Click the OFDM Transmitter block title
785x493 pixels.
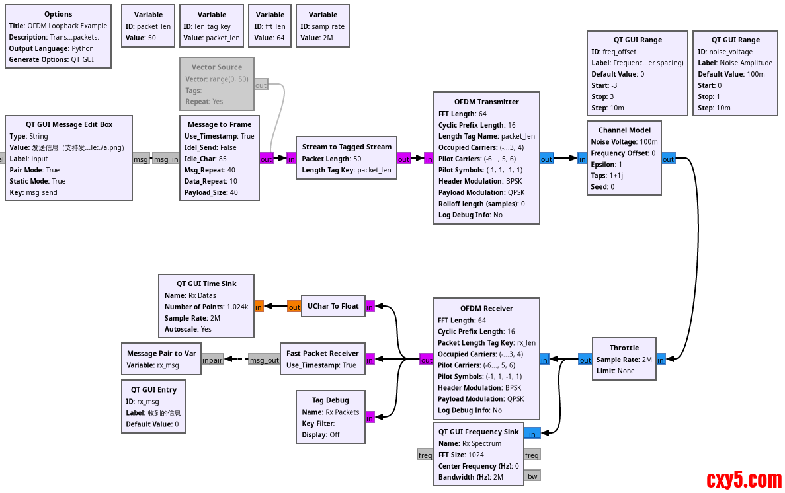pos(486,102)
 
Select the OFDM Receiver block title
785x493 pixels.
pos(486,309)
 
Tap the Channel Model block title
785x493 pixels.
pos(624,130)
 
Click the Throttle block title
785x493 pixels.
pos(624,348)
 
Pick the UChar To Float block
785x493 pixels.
pos(333,307)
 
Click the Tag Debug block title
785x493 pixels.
pos(330,400)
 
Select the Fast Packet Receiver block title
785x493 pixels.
pos(322,354)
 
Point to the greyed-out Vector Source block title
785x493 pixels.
pos(217,67)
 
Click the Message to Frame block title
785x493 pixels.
pos(220,124)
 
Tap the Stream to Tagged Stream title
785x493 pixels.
pos(347,147)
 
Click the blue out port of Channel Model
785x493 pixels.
pos(668,159)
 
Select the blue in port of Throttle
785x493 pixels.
pos(661,360)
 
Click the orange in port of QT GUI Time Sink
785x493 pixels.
pos(259,307)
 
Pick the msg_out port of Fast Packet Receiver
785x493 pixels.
pos(264,360)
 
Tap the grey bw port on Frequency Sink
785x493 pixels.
pos(532,476)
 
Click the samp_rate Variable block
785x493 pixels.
pos(322,26)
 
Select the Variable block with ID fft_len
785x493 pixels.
pos(270,26)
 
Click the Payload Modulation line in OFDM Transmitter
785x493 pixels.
pos(481,192)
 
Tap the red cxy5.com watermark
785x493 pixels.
pos(744,480)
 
